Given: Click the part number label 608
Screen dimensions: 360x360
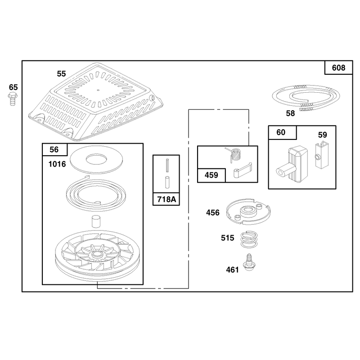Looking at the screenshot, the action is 338,68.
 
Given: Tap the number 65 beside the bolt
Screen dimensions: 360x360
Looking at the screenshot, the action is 13,87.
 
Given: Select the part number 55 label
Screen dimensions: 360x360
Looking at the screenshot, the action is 61,74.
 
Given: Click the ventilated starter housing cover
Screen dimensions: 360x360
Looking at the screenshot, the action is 96,102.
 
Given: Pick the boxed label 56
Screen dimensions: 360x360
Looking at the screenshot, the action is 54,150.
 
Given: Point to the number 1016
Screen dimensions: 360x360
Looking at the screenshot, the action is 57,164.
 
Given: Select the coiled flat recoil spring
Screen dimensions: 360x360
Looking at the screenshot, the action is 96,193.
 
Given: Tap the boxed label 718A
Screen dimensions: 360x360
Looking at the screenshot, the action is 166,199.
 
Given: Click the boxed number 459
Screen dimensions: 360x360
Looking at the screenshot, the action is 211,175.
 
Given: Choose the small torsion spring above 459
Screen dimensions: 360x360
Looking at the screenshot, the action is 234,155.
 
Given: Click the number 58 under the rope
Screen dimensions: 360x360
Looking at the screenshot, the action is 290,113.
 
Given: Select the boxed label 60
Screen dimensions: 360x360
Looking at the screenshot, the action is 281,132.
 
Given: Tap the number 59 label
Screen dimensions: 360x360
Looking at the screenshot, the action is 322,135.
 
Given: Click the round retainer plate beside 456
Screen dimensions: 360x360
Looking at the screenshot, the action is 248,211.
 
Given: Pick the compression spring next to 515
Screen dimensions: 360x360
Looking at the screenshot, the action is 249,240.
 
